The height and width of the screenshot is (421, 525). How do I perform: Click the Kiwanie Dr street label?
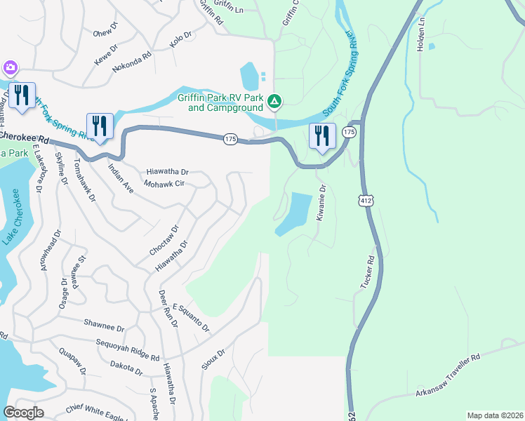321,203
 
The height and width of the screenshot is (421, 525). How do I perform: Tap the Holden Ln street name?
421,33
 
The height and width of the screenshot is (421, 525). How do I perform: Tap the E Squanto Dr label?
191,318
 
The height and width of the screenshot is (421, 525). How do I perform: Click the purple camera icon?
10,67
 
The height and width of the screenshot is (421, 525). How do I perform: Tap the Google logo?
24,413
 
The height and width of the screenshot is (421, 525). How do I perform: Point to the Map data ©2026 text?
495,415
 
